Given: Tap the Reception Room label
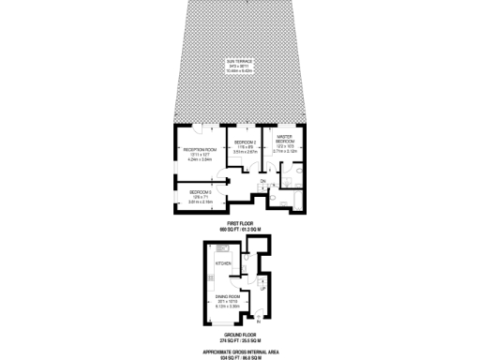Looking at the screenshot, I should coord(200,148).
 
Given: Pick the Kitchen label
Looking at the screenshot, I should coord(223,263).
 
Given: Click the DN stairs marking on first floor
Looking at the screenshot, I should coord(264,181).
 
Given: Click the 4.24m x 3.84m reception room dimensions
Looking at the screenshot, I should coord(200,159).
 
